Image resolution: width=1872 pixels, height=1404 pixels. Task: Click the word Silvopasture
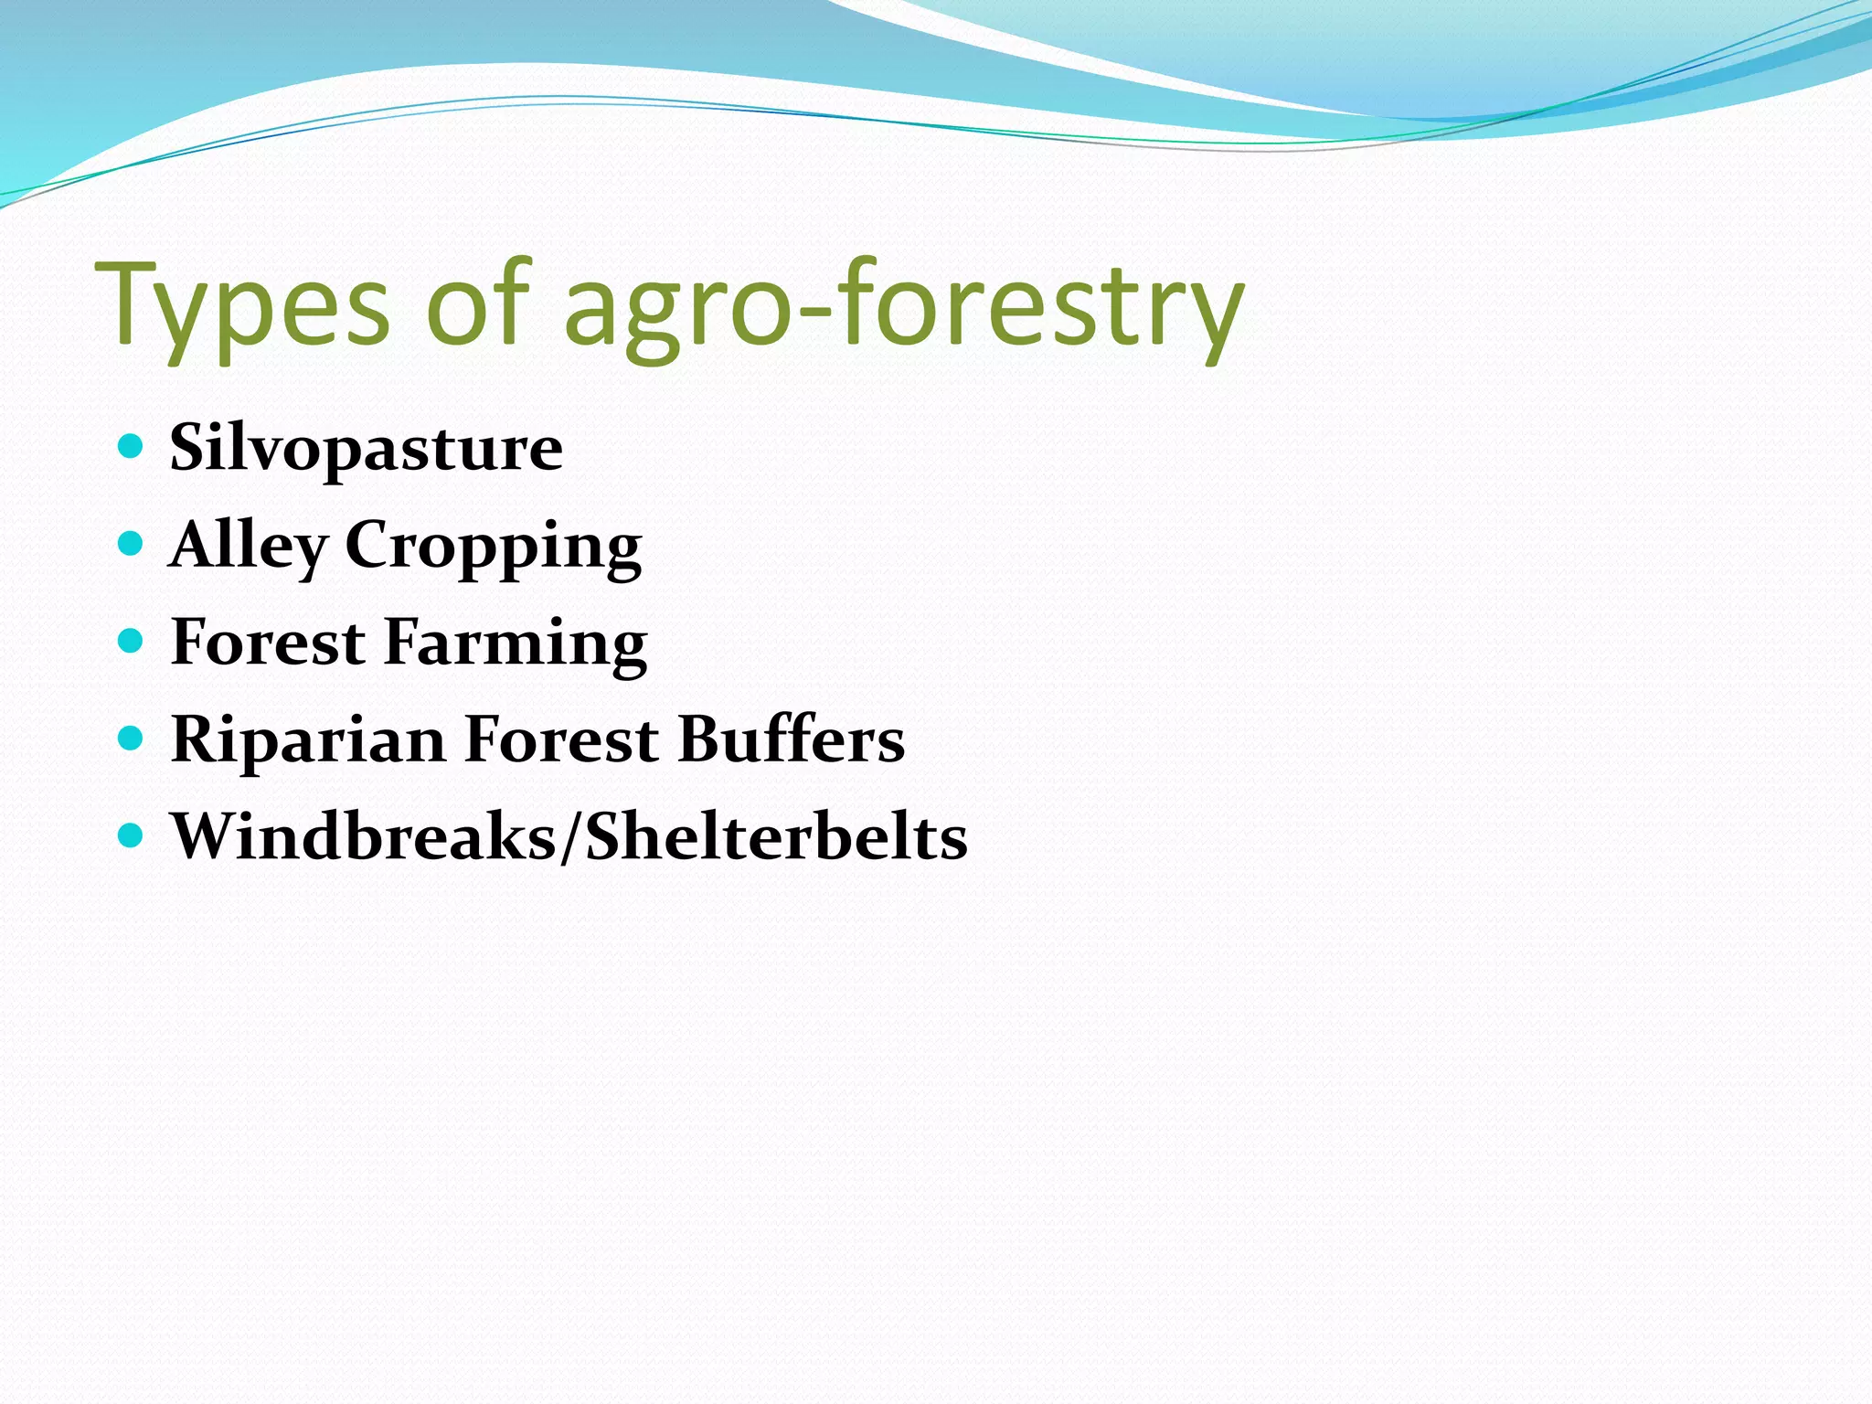(x=366, y=448)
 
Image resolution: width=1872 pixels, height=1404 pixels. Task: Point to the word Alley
(x=248, y=546)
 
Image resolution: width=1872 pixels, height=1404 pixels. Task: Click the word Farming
(x=516, y=643)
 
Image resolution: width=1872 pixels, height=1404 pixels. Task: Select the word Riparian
(x=308, y=739)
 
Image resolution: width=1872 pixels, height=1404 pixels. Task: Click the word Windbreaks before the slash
(x=365, y=836)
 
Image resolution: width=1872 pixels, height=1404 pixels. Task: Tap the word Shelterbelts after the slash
(x=776, y=836)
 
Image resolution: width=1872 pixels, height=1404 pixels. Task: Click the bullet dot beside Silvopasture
(x=132, y=446)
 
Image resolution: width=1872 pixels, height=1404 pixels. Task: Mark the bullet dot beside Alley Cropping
(x=132, y=544)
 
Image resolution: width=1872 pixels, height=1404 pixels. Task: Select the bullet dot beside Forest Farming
(x=132, y=641)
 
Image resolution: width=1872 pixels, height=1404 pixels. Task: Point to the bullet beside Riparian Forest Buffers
(x=132, y=738)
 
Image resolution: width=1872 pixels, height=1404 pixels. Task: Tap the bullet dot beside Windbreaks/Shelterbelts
(x=132, y=835)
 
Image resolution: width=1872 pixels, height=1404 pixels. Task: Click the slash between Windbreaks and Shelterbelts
(x=571, y=836)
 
